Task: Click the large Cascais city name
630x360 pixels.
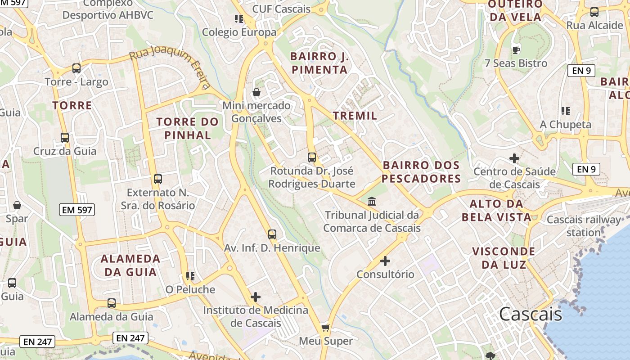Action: point(531,314)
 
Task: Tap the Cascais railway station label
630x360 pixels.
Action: point(583,226)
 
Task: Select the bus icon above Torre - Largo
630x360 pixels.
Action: point(76,68)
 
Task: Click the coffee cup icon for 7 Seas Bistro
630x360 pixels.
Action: point(516,49)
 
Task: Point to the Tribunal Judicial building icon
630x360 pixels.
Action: point(372,201)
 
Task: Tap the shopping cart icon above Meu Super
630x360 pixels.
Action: point(325,327)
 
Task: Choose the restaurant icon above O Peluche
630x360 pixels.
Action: point(190,276)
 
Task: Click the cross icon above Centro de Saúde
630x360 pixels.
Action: point(514,158)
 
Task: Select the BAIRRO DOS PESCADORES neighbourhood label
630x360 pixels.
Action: point(421,172)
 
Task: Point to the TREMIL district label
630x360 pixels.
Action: point(355,116)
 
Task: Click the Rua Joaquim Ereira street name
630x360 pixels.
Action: point(170,67)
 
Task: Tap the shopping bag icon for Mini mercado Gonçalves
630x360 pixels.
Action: point(256,92)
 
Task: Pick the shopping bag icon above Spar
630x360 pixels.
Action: point(17,205)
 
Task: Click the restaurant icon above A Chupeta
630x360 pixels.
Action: point(566,111)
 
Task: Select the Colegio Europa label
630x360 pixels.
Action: point(239,32)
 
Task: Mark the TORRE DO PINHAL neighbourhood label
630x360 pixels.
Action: point(187,128)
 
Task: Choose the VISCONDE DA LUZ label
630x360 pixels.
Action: point(504,258)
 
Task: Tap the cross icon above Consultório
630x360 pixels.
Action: point(385,261)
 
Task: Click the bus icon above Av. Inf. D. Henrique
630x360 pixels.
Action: point(272,234)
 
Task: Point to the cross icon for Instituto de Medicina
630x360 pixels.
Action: point(256,297)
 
